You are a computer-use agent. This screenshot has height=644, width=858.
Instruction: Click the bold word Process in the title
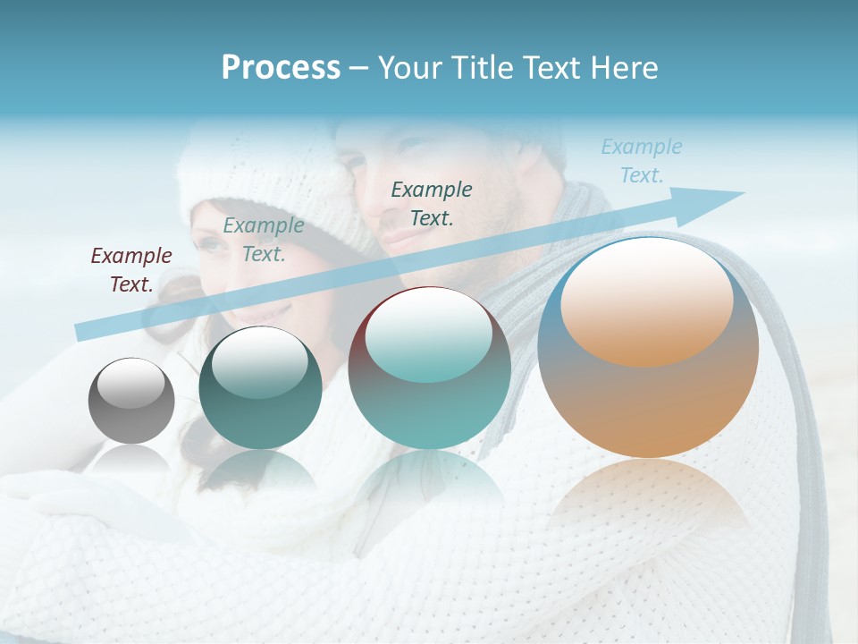point(281,67)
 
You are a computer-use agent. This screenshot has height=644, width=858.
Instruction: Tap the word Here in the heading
point(625,67)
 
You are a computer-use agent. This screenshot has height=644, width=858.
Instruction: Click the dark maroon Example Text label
point(131,270)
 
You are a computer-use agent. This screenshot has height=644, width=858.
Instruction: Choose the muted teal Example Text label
point(264,240)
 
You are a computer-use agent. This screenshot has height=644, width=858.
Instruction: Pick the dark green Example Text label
point(432,203)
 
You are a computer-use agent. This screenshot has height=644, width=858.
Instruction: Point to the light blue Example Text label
point(642,161)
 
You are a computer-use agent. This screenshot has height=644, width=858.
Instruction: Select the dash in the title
point(358,68)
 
